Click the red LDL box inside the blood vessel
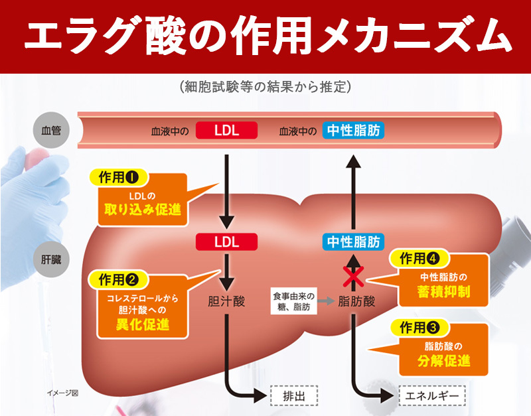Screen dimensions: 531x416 [226, 130]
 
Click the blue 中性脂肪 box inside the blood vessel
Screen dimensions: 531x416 [353, 130]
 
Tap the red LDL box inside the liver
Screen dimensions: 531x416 [226, 242]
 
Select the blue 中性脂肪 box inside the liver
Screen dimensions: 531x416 [353, 242]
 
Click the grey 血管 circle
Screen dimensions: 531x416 [51, 130]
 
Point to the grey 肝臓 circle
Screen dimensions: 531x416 [51, 259]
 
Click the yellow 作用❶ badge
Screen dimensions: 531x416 [119, 177]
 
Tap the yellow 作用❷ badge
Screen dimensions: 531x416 [119, 280]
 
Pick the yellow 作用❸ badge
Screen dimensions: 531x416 [419, 327]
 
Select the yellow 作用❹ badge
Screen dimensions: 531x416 [419, 259]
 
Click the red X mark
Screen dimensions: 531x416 [353, 277]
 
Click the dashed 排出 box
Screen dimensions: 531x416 [294, 395]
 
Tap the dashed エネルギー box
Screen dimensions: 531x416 [432, 395]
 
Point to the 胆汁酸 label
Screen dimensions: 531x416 [226, 301]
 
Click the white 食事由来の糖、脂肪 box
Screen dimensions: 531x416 [293, 301]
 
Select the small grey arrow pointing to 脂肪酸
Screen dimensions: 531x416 [326, 301]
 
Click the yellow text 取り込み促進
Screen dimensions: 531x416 [143, 210]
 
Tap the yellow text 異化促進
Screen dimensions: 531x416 [143, 325]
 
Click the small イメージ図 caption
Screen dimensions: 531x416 [62, 393]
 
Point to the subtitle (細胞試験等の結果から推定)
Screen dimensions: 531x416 [265, 87]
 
